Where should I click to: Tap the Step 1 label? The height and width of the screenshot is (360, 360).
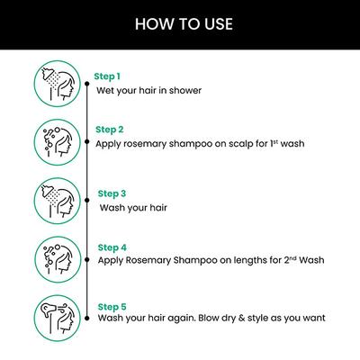point(107,76)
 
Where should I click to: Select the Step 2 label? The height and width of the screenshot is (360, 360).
point(109,129)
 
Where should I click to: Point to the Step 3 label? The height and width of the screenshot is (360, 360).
point(111,193)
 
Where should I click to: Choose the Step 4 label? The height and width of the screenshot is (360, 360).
point(111,246)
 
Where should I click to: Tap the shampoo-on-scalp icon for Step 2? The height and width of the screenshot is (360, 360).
point(58,139)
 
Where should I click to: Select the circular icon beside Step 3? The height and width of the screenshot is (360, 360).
point(58,201)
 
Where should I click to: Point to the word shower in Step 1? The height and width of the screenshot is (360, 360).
point(184,91)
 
